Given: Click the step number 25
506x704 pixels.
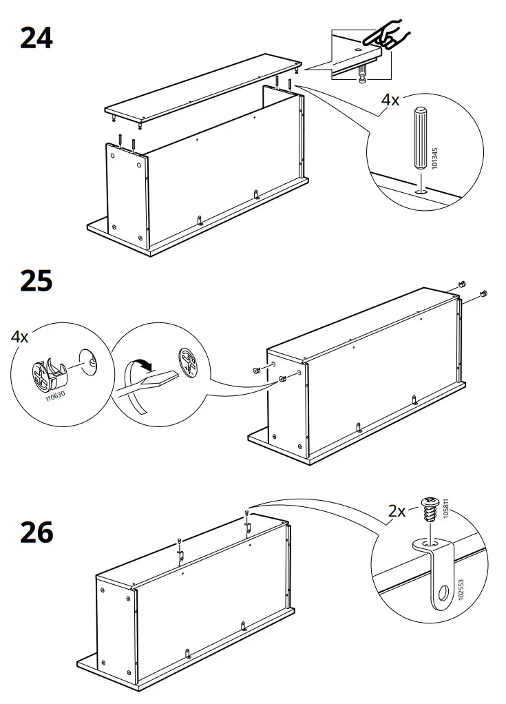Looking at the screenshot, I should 36,281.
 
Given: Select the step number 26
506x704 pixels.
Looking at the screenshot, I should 36,532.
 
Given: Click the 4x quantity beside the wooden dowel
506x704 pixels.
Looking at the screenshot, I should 390,100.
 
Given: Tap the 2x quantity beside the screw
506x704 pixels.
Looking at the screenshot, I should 397,510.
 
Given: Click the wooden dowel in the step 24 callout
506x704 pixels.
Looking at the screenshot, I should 419,138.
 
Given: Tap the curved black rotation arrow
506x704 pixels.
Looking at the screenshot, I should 143,364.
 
